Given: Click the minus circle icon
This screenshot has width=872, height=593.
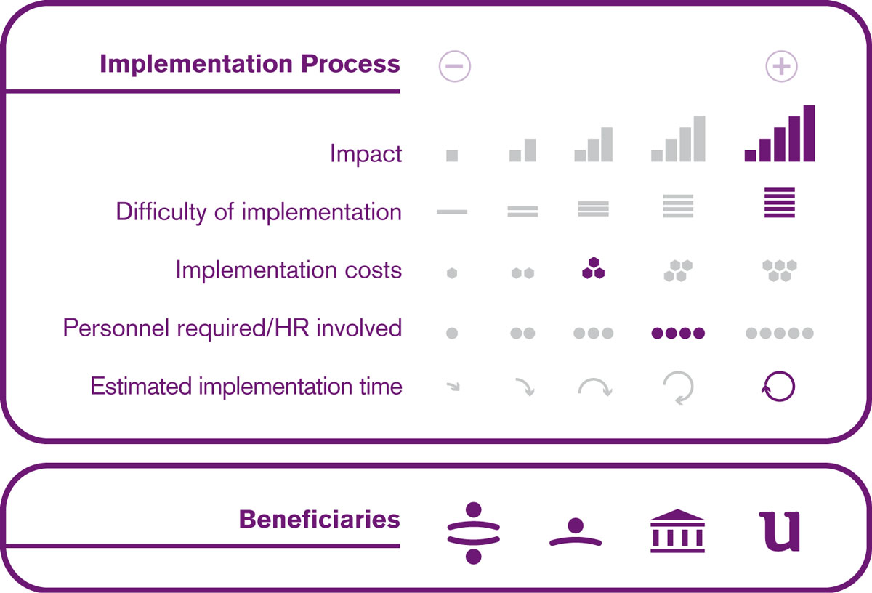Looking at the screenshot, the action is [x=455, y=66].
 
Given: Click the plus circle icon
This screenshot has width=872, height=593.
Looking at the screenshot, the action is [x=781, y=66].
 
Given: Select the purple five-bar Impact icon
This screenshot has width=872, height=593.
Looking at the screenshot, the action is [x=779, y=133].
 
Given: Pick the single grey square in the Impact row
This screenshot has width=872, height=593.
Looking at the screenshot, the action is [x=452, y=156].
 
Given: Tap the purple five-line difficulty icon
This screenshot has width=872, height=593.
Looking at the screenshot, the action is [x=779, y=203].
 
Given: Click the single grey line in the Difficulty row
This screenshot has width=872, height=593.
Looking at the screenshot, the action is [x=452, y=211].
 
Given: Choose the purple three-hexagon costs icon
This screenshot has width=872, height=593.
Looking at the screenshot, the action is [x=593, y=268].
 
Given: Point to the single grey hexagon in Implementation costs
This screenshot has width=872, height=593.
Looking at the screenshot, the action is [x=452, y=273].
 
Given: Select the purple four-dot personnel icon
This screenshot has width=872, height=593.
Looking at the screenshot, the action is [x=678, y=334].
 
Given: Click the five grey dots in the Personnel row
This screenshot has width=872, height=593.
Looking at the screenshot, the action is [x=779, y=334].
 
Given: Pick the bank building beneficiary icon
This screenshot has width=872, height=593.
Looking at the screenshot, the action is [x=677, y=531].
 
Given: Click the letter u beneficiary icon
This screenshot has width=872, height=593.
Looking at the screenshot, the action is [x=779, y=531].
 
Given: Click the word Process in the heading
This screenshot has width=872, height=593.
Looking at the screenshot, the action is [x=350, y=64].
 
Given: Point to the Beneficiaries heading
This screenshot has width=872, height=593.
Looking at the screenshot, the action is [x=320, y=519].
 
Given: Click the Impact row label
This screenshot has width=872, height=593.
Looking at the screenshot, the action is [x=366, y=154].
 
